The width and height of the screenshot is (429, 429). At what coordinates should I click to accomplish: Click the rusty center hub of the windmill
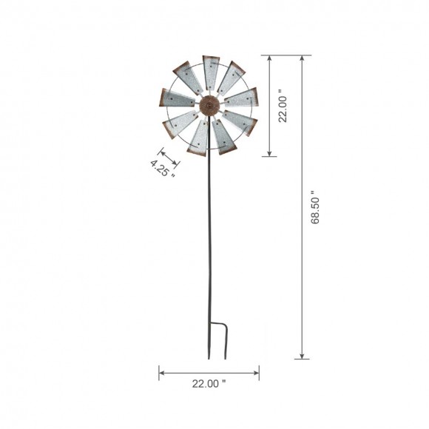[210, 105]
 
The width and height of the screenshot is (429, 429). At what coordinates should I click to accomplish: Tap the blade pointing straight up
[211, 71]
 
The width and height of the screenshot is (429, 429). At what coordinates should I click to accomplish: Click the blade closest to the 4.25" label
[178, 124]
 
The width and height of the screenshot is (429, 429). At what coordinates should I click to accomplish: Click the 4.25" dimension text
[163, 169]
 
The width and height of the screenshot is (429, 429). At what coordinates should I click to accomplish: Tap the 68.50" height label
[316, 206]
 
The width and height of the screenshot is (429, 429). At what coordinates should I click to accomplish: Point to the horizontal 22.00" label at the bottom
[209, 384]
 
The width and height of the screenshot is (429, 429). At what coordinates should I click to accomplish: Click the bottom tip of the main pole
[209, 358]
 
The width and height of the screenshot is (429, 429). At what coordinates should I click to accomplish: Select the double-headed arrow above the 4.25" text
[169, 157]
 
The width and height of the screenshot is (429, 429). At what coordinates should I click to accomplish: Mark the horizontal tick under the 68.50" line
[302, 359]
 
